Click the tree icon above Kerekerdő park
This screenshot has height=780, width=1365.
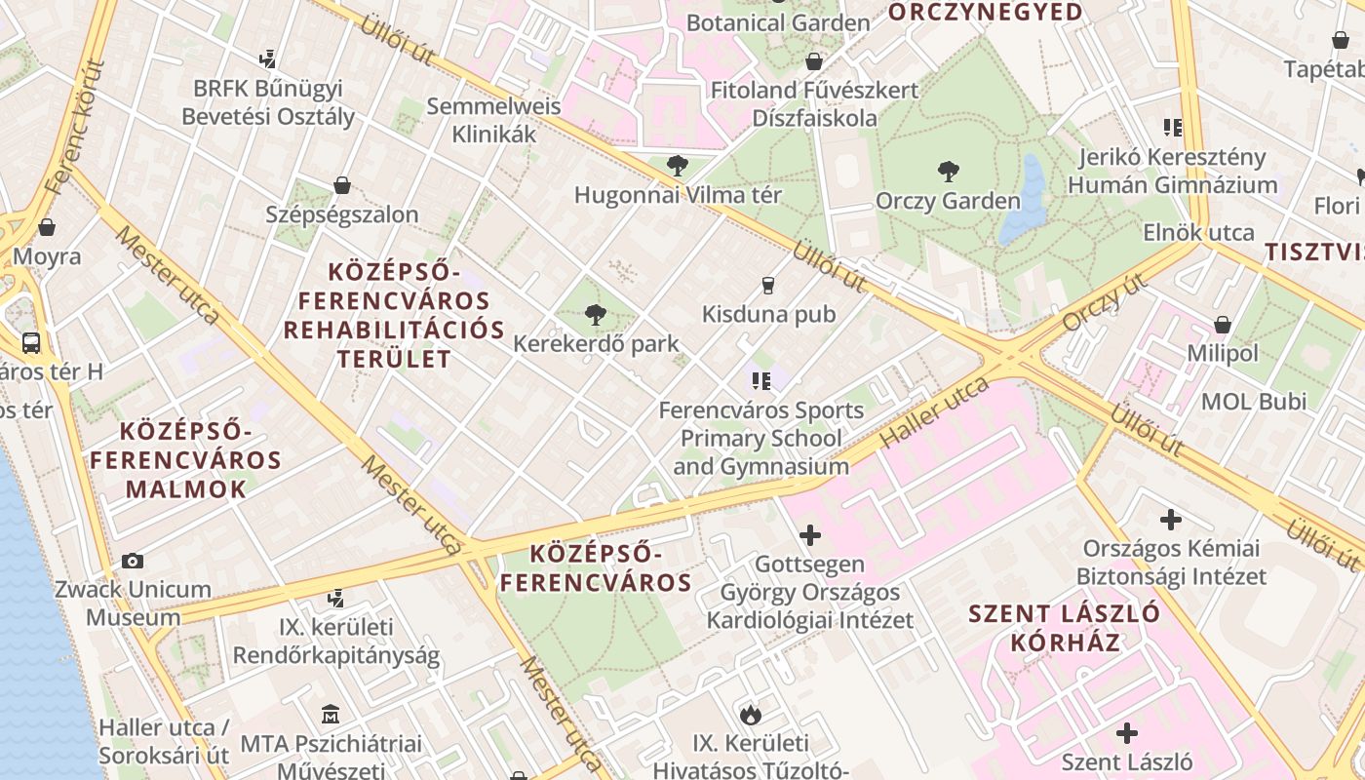(x=595, y=315)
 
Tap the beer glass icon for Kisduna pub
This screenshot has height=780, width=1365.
(x=768, y=286)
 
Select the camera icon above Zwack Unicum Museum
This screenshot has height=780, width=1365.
(x=133, y=561)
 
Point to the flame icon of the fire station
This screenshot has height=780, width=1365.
(x=750, y=715)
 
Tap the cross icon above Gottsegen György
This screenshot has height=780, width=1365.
(x=809, y=535)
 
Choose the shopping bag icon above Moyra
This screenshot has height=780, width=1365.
(x=47, y=228)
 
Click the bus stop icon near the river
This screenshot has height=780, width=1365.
(x=31, y=342)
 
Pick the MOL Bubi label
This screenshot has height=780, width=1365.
(x=1253, y=401)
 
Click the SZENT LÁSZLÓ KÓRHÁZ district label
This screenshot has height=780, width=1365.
(x=1064, y=628)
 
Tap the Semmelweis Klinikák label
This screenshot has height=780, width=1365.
(x=493, y=120)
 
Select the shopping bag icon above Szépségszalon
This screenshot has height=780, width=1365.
(x=342, y=185)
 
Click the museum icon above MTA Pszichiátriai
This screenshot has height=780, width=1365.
(x=330, y=716)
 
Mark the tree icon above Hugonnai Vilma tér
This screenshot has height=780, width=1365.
(x=677, y=166)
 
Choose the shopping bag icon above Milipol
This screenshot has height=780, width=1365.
(x=1222, y=325)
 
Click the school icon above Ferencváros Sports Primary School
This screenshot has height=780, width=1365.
(x=761, y=380)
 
